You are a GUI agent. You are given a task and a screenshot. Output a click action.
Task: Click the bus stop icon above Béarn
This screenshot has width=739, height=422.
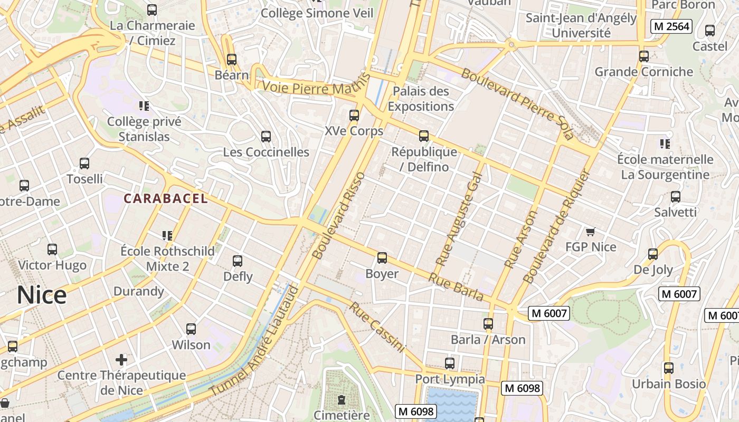[231, 60]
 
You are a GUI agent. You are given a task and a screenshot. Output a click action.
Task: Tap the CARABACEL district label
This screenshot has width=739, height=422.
[166, 199]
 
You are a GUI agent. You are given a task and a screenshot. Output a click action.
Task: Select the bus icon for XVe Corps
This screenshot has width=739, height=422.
[354, 115]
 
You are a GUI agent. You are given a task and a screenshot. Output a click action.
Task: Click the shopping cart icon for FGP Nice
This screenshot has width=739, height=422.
[591, 232]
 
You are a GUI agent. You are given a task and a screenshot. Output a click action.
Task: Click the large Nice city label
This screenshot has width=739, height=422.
[42, 295]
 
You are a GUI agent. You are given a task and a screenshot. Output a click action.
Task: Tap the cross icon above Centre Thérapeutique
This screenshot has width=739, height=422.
[121, 360]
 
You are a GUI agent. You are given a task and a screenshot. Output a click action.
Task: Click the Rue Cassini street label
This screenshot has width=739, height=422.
[377, 327]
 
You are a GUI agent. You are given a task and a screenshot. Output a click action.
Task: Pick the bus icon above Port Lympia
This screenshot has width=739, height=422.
[450, 363]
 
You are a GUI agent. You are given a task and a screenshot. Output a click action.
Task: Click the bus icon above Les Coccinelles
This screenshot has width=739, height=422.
[266, 137]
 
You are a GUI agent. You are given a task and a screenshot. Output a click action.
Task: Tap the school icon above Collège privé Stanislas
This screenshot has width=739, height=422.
[144, 107]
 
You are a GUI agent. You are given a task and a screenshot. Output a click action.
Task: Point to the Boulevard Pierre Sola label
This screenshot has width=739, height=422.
[517, 103]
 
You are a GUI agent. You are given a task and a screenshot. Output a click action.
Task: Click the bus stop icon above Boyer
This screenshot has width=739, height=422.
[382, 258]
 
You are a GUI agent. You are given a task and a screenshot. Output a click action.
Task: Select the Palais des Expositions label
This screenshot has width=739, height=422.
[421, 99]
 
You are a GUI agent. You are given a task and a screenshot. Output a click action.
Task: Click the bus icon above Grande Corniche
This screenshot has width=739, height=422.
[644, 56]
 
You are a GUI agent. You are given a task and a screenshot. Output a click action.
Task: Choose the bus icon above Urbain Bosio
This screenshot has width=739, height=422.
[669, 368]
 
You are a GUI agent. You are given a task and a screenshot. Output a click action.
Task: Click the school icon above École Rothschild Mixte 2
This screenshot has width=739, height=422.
[167, 235]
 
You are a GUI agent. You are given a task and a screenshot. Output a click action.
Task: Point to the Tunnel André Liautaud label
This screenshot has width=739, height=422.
[254, 341]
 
